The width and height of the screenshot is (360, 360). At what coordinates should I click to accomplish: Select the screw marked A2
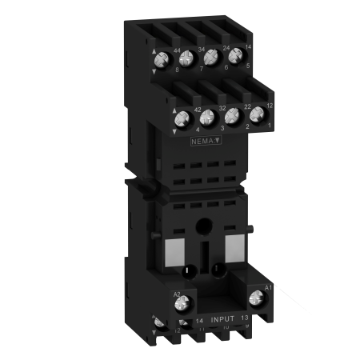[182, 303]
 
